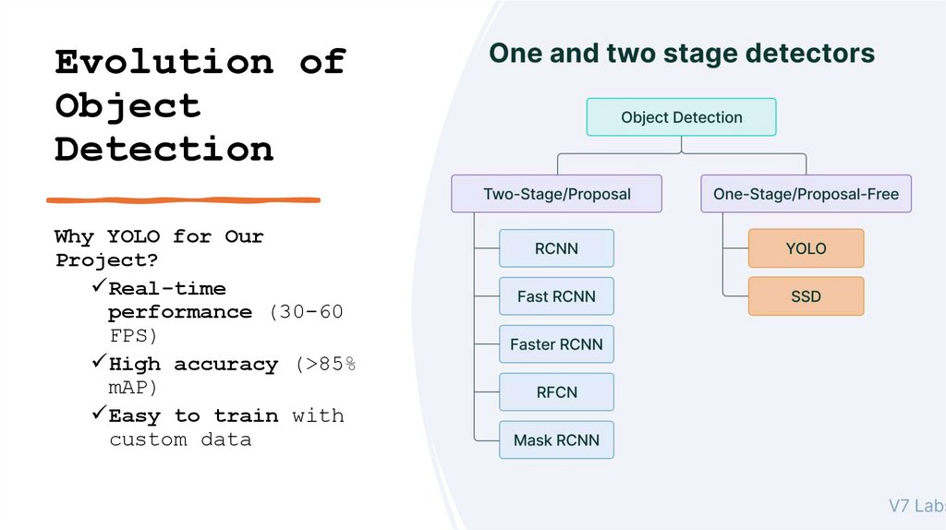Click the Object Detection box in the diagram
681,117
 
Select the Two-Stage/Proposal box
556,194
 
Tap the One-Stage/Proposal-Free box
806,194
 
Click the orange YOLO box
806,248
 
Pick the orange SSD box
806,296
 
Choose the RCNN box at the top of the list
556,248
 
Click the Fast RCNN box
556,296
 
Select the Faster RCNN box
556,344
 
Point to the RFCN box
556,392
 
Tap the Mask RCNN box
556,440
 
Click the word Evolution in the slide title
164,62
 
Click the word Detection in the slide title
164,149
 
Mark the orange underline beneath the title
183,199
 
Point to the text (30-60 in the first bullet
307,312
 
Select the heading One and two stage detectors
681,53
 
